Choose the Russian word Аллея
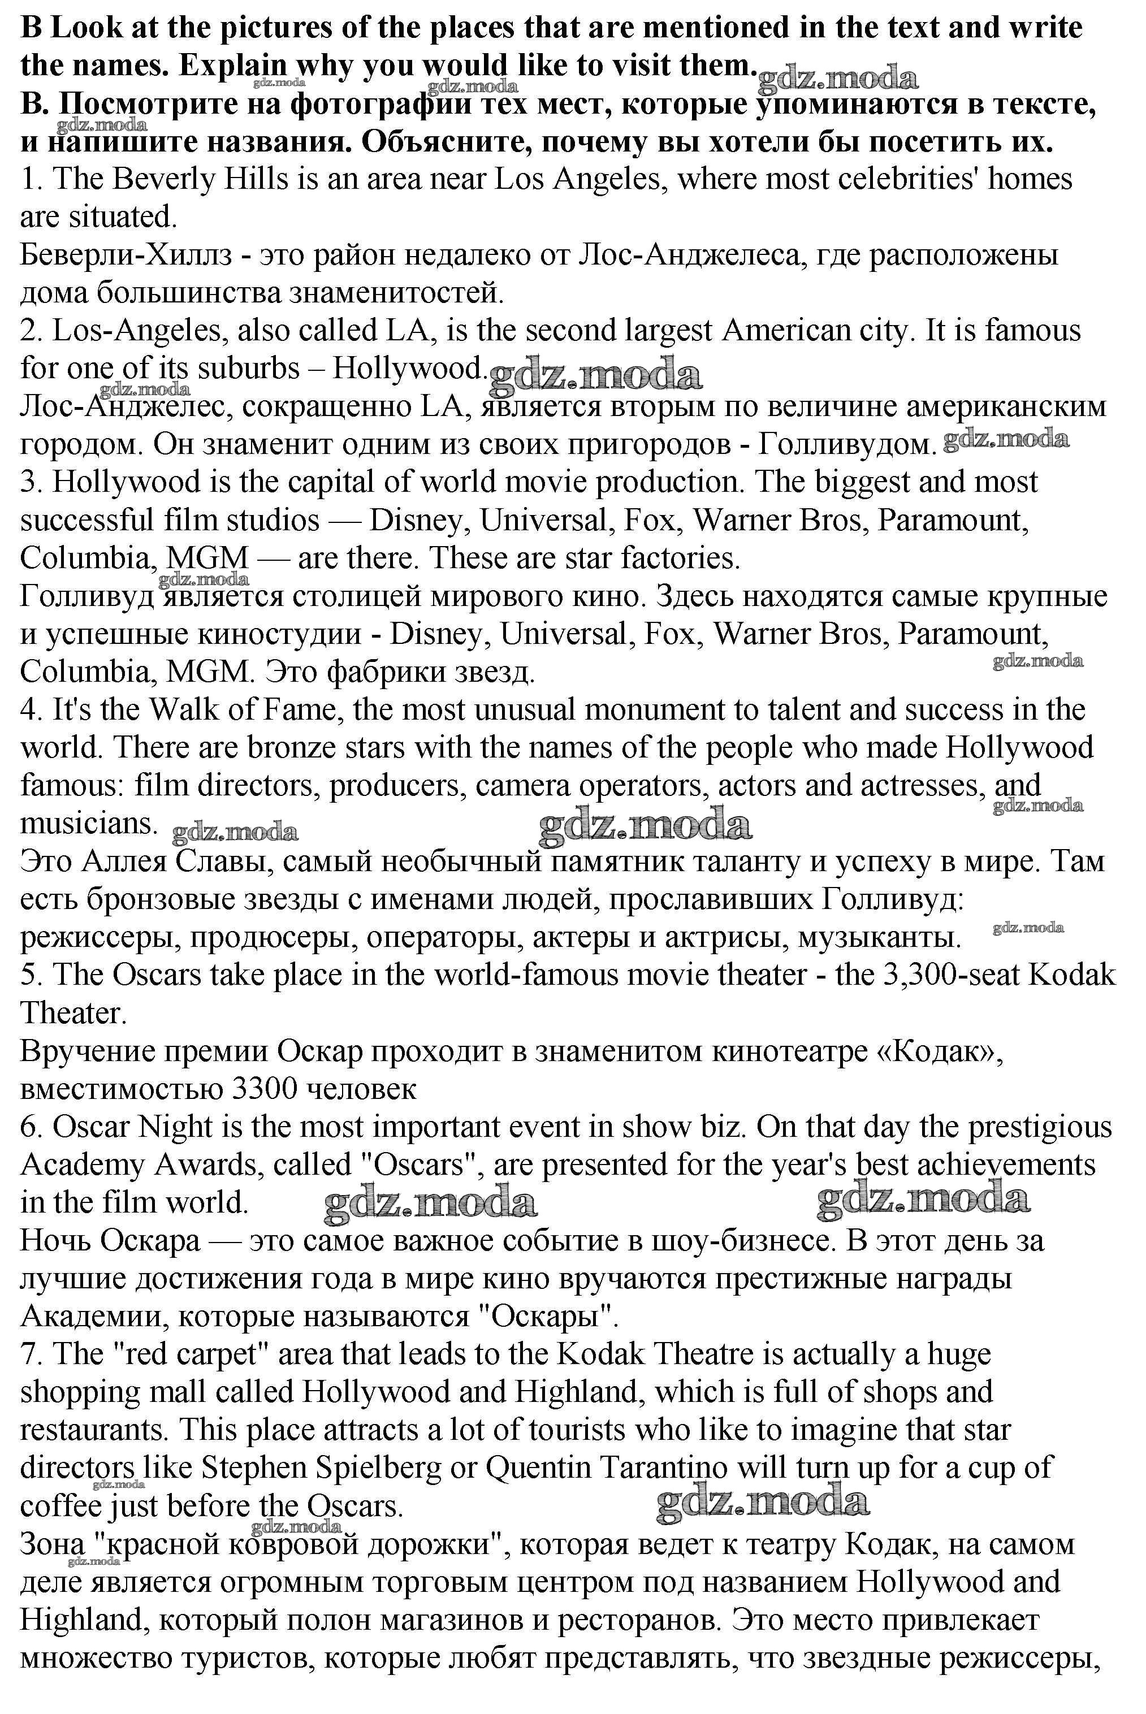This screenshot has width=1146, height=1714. [x=119, y=862]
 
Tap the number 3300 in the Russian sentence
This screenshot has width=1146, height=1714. [x=263, y=1089]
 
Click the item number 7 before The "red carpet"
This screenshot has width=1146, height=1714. [x=29, y=1354]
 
